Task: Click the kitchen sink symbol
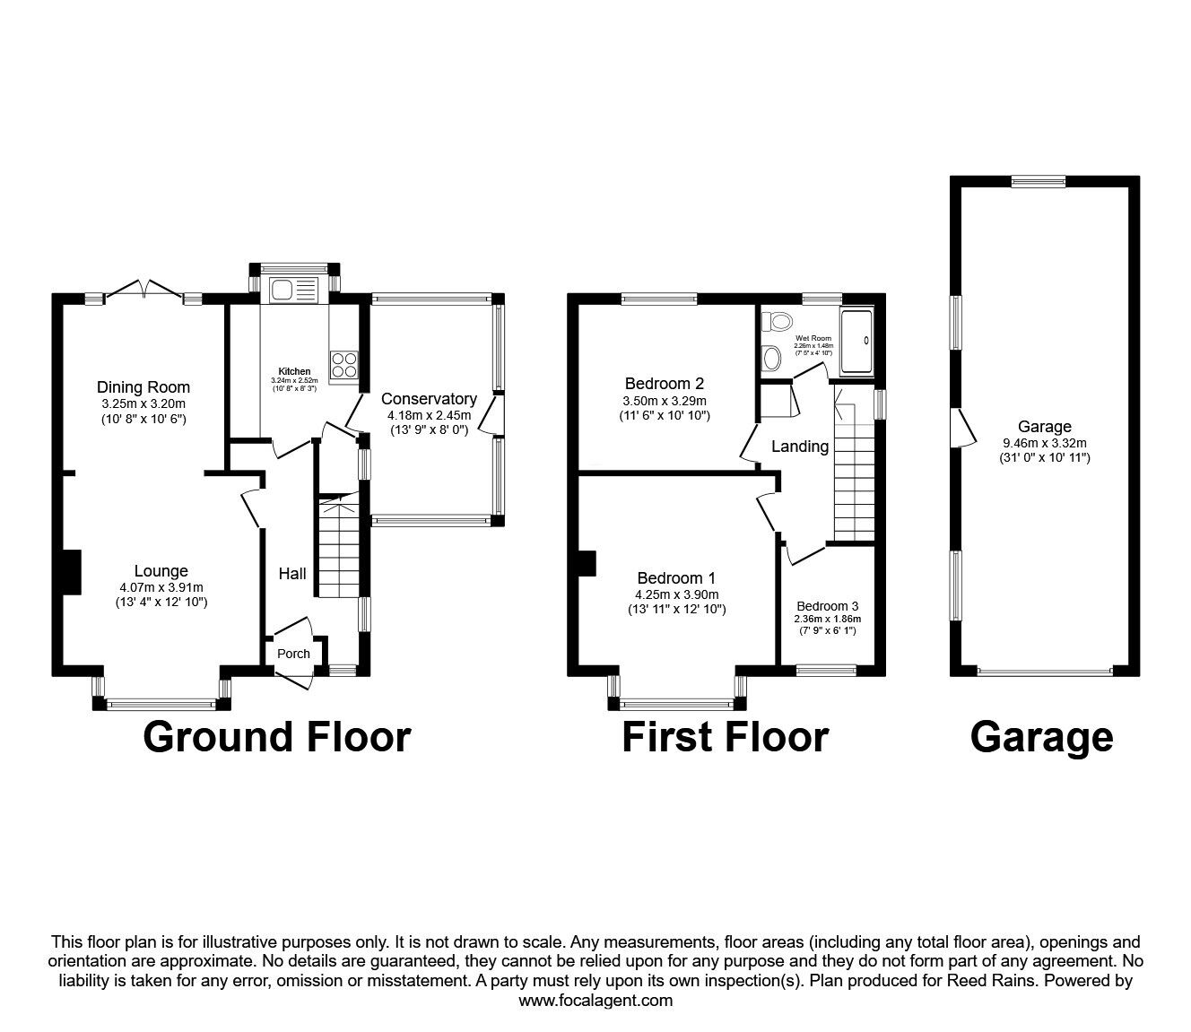point(293,290)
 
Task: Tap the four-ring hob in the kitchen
point(343,366)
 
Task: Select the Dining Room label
point(143,387)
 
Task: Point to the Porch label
point(293,654)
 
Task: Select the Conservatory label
point(429,399)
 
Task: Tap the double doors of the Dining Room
point(143,289)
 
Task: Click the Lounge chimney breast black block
point(71,571)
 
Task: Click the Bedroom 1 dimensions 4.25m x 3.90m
point(676,594)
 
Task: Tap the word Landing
point(800,447)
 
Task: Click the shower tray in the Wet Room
point(856,342)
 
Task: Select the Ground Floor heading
point(276,737)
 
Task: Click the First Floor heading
point(725,737)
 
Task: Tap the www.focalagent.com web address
point(595,1001)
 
